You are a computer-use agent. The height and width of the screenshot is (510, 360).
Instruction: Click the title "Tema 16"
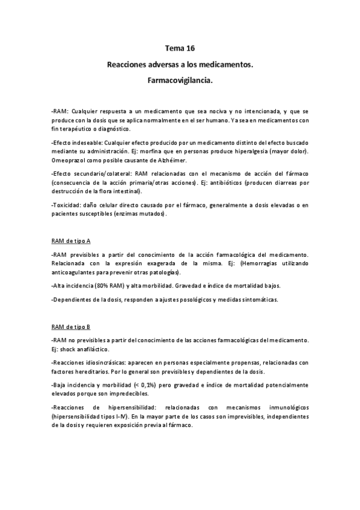click(x=180, y=48)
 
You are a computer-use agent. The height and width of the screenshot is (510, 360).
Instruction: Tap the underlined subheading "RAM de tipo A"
click(x=71, y=241)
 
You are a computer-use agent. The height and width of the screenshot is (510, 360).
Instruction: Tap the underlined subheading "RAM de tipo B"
click(x=71, y=327)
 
